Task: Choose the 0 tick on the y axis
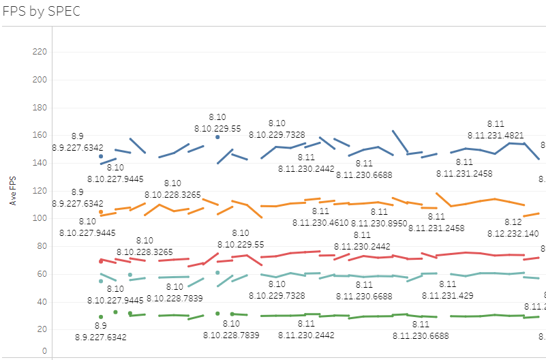click(44, 351)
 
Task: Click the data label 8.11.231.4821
click(496, 135)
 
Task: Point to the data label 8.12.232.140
click(513, 233)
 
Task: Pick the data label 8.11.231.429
click(447, 295)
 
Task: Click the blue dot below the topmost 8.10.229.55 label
click(217, 137)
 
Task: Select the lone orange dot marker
click(101, 212)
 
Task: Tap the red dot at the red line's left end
click(101, 261)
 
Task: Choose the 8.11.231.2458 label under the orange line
click(436, 228)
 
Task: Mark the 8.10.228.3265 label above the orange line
click(172, 194)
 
